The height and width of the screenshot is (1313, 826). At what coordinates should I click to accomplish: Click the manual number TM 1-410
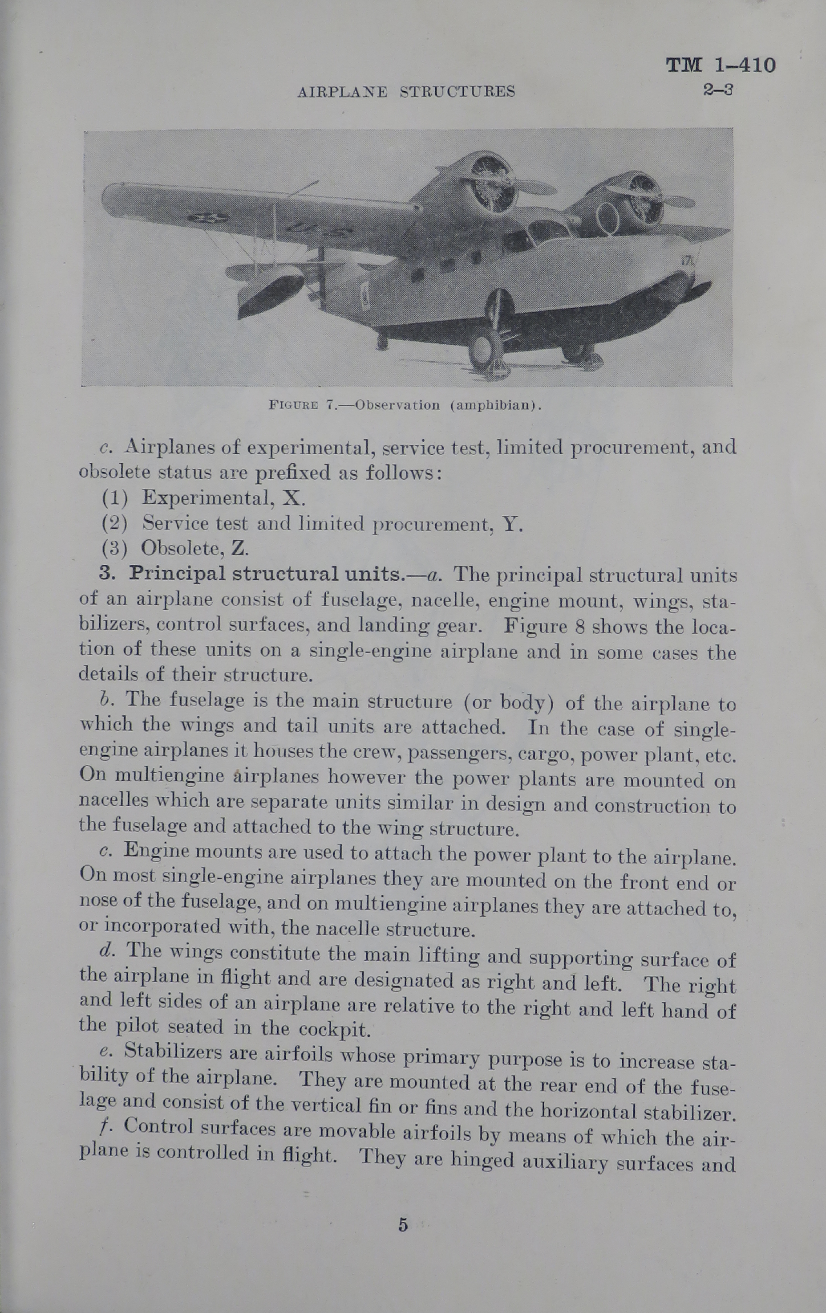pyautogui.click(x=720, y=65)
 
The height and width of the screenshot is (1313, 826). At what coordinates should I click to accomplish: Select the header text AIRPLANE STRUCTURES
pyautogui.click(x=406, y=92)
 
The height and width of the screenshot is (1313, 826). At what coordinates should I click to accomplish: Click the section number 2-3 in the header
pyautogui.click(x=717, y=90)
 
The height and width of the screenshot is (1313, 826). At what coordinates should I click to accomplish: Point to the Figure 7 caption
pyautogui.click(x=405, y=405)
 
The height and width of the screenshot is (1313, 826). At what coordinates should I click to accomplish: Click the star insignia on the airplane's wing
pyautogui.click(x=206, y=219)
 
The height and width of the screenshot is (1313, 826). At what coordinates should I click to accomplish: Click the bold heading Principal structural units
pyautogui.click(x=262, y=574)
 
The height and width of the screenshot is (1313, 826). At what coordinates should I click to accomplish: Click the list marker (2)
pyautogui.click(x=115, y=523)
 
